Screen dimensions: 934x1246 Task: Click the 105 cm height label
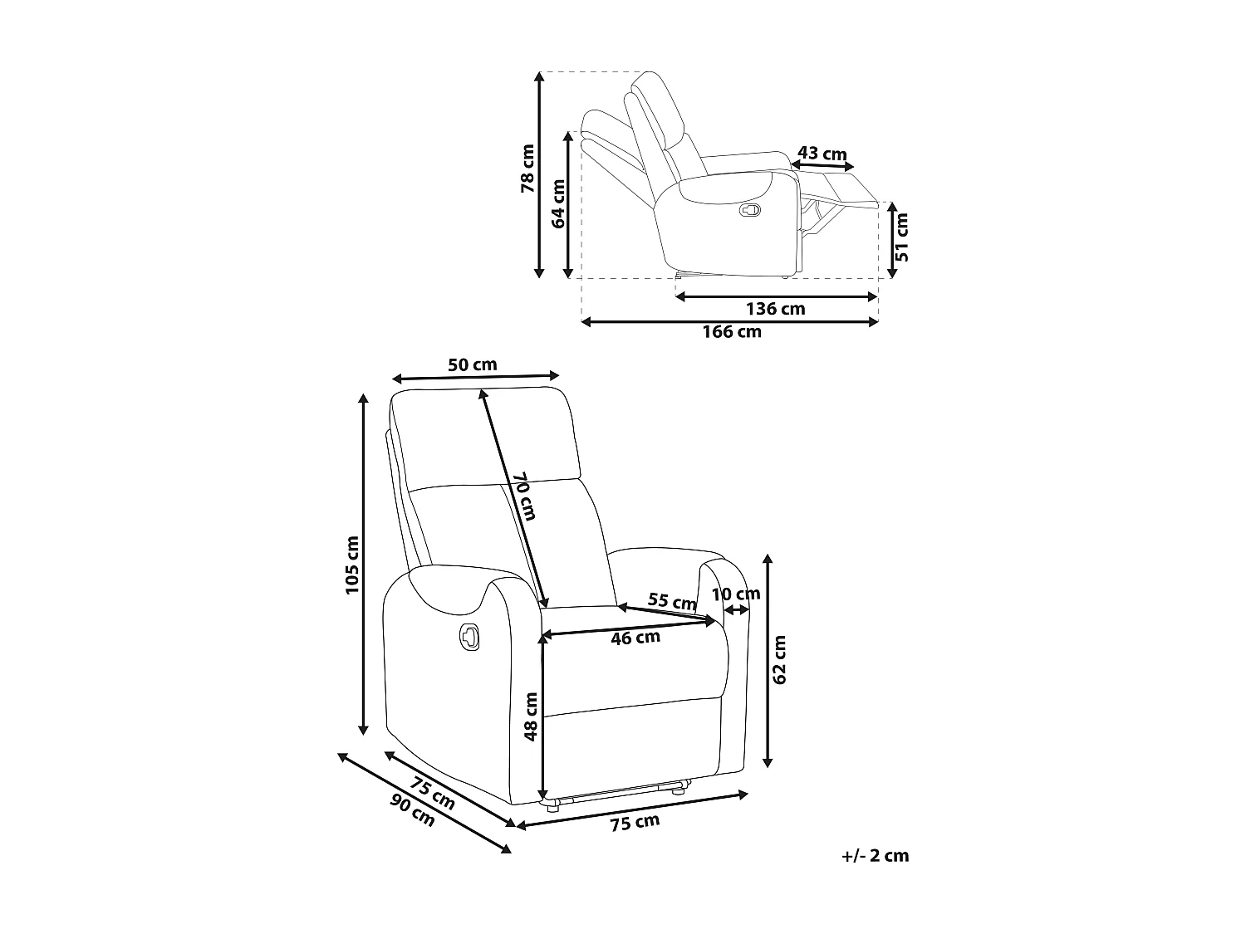352,565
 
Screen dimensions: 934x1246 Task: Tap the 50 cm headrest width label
472,364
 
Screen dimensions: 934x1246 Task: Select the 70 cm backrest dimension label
523,496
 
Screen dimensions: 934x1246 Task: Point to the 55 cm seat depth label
672,602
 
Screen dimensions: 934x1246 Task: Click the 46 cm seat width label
635,638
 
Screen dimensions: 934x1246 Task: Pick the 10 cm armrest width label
736,594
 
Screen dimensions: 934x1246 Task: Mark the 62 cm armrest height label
779,660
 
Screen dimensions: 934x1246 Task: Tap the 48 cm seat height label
532,716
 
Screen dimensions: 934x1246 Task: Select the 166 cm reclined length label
732,332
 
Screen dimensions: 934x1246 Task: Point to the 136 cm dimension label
776,309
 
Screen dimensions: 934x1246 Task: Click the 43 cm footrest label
822,154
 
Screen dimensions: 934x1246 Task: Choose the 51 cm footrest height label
902,237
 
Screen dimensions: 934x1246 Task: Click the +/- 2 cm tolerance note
875,856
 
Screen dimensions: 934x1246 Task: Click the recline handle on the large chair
468,635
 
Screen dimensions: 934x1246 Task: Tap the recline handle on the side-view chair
749,209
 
